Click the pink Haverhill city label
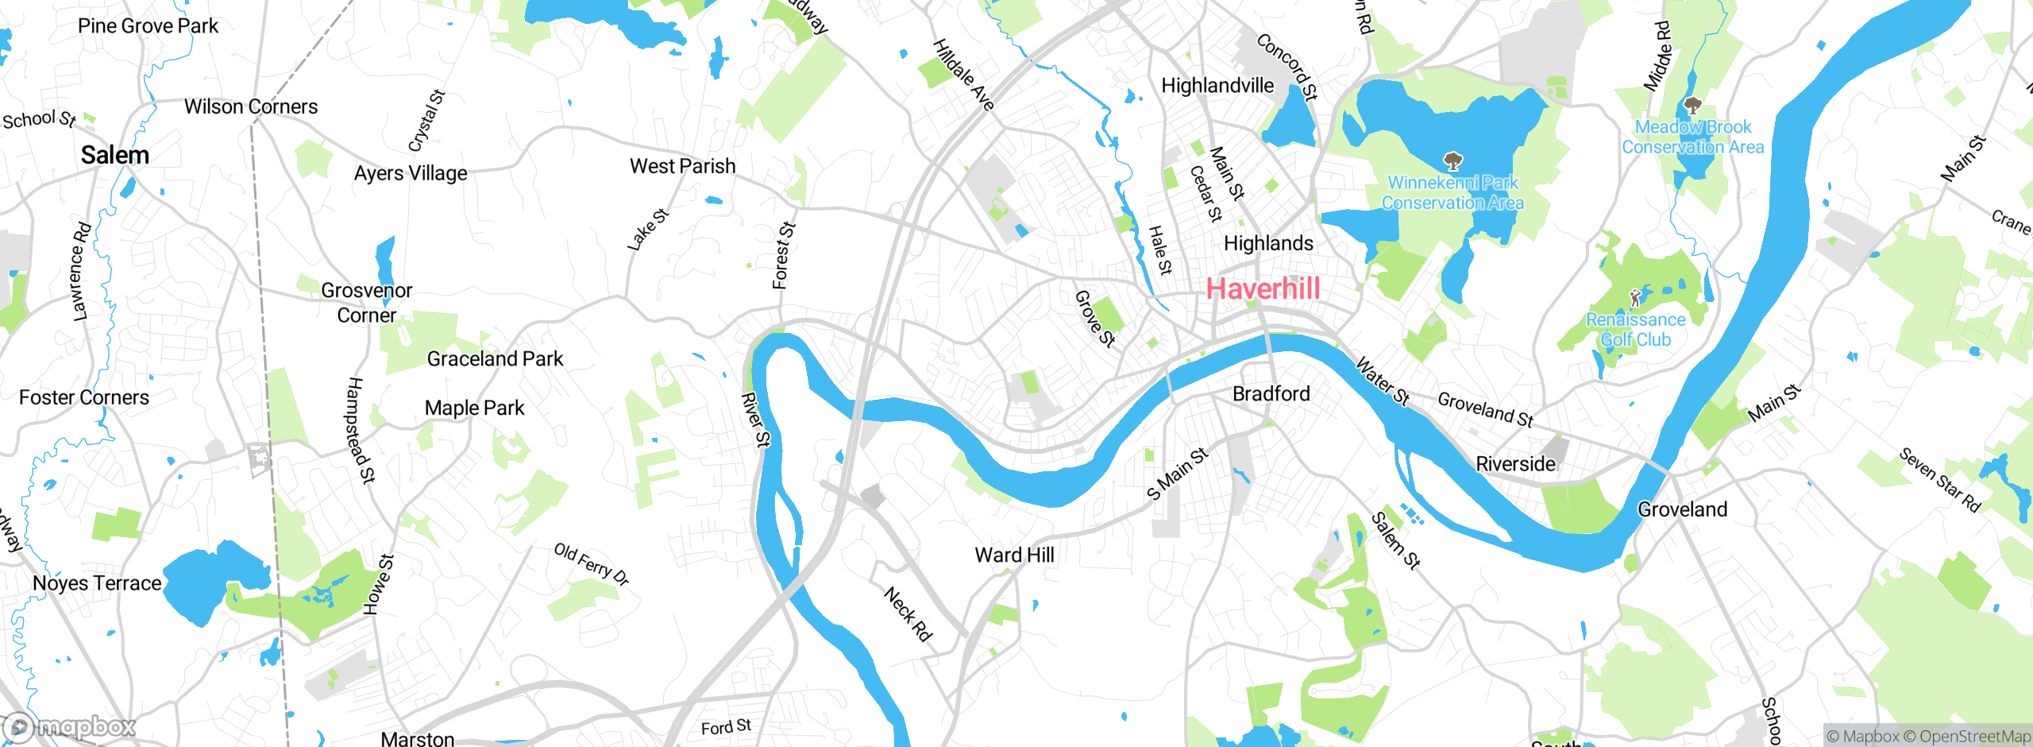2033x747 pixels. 1263,288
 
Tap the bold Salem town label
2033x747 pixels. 115,155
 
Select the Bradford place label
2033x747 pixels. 1271,393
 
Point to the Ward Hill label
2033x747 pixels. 1014,555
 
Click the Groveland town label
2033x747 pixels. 1682,509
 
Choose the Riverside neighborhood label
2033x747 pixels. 1515,463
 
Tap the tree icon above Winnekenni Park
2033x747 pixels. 1452,162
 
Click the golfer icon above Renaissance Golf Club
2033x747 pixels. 1634,299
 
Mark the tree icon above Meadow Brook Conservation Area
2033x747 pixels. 1692,106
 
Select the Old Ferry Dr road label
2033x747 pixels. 592,563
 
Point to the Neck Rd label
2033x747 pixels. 908,613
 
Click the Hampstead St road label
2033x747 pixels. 361,430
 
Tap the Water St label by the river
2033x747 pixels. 1382,381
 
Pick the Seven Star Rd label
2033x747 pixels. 1938,480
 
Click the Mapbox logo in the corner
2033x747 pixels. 70,726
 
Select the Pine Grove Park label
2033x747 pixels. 148,26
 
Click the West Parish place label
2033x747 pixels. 682,166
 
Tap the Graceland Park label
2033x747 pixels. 495,359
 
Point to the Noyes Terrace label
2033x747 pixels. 97,583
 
